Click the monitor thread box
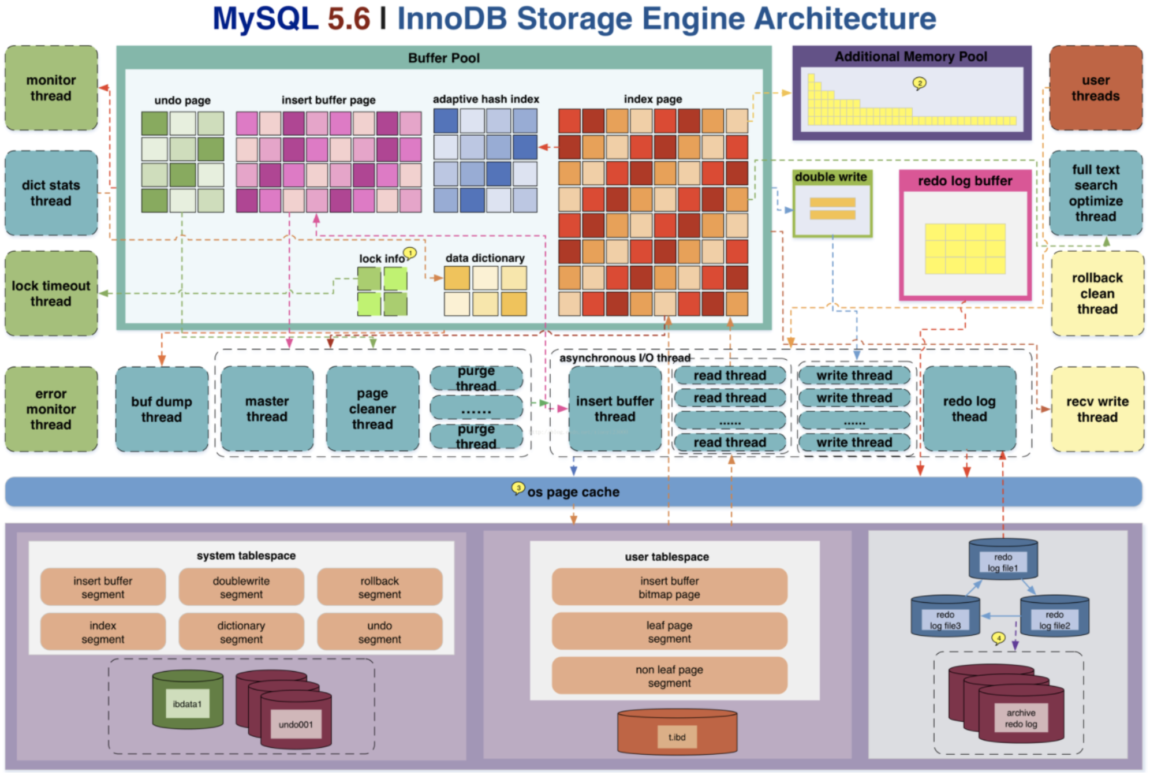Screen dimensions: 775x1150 [x=51, y=88]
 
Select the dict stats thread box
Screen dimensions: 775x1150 [x=51, y=193]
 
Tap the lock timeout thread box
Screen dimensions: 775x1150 [x=51, y=293]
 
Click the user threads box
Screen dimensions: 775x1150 [x=1095, y=88]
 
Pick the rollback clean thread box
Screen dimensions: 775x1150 [x=1097, y=293]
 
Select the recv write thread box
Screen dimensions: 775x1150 [x=1097, y=409]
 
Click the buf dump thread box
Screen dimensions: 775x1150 [x=162, y=409]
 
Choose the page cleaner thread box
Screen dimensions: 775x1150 [x=372, y=409]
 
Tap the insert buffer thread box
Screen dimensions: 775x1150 [x=615, y=409]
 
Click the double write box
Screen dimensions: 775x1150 [x=832, y=203]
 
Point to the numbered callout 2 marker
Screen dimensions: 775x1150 [x=919, y=83]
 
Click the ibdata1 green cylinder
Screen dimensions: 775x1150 [x=188, y=699]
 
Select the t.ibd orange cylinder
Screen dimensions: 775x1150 [x=677, y=732]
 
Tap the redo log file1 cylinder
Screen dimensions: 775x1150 [x=1003, y=559]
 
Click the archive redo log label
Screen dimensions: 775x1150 [x=1020, y=718]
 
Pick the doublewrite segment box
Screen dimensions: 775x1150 [x=241, y=587]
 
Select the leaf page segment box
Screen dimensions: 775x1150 [x=669, y=632]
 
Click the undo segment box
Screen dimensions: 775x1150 [x=379, y=632]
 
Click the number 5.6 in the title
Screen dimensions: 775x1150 [x=349, y=18]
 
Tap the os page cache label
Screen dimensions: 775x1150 [x=573, y=492]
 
